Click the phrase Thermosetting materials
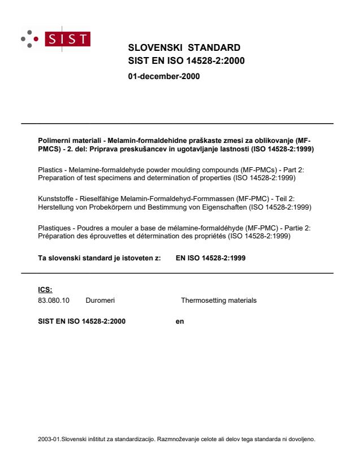[x=219, y=300]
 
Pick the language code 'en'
[x=180, y=321]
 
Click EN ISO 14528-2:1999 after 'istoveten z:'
[x=211, y=258]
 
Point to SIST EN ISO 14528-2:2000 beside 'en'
[x=82, y=321]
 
